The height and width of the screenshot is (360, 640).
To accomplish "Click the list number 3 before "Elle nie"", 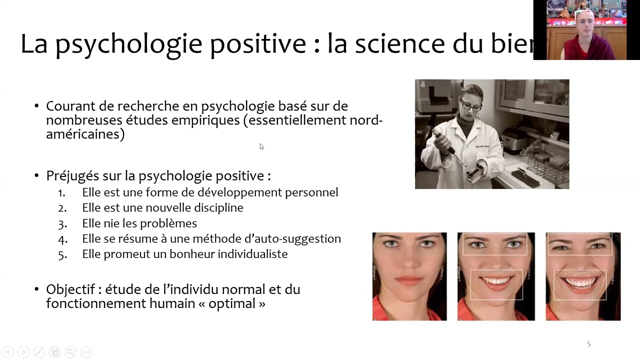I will pos(62,223).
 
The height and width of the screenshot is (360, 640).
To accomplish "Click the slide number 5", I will pos(589,344).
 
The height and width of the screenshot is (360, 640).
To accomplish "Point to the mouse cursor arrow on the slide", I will pos(261,146).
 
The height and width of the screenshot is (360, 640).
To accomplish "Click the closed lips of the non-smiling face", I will pos(409,280).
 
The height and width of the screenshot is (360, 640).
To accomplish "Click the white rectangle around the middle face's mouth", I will pos(496,271).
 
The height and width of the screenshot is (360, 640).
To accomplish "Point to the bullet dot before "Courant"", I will pos(36,106).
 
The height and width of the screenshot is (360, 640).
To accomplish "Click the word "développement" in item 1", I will pos(239,192).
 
